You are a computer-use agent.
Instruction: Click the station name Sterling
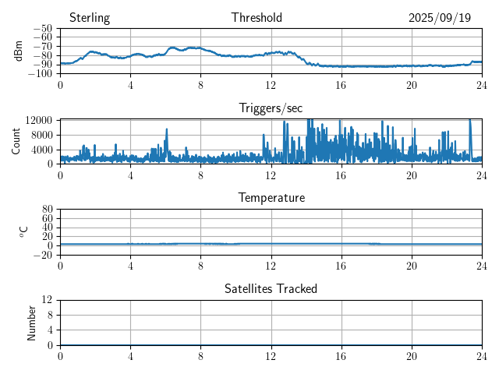[x=90, y=18]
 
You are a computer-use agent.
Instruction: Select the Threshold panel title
[x=257, y=18]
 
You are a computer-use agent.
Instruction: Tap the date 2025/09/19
[x=440, y=18]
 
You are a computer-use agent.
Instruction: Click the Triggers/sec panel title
[x=271, y=108]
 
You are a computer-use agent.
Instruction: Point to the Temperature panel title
[x=271, y=198]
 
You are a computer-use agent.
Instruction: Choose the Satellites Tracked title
[x=271, y=288]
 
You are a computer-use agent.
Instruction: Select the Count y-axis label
[x=16, y=141]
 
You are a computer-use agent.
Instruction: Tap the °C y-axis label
[x=23, y=231]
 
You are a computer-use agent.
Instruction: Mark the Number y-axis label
[x=32, y=322]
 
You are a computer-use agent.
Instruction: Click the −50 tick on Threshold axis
[x=42, y=28]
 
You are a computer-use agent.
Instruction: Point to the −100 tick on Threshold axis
[x=40, y=73]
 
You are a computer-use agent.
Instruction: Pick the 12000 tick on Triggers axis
[x=39, y=120]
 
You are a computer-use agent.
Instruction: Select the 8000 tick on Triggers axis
[x=42, y=134]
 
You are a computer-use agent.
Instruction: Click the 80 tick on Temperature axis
[x=47, y=210]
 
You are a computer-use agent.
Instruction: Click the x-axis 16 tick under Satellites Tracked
[x=342, y=355]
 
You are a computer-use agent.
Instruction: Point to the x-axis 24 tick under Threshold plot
[x=482, y=84]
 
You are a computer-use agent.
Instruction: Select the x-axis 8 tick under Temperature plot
[x=200, y=265]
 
